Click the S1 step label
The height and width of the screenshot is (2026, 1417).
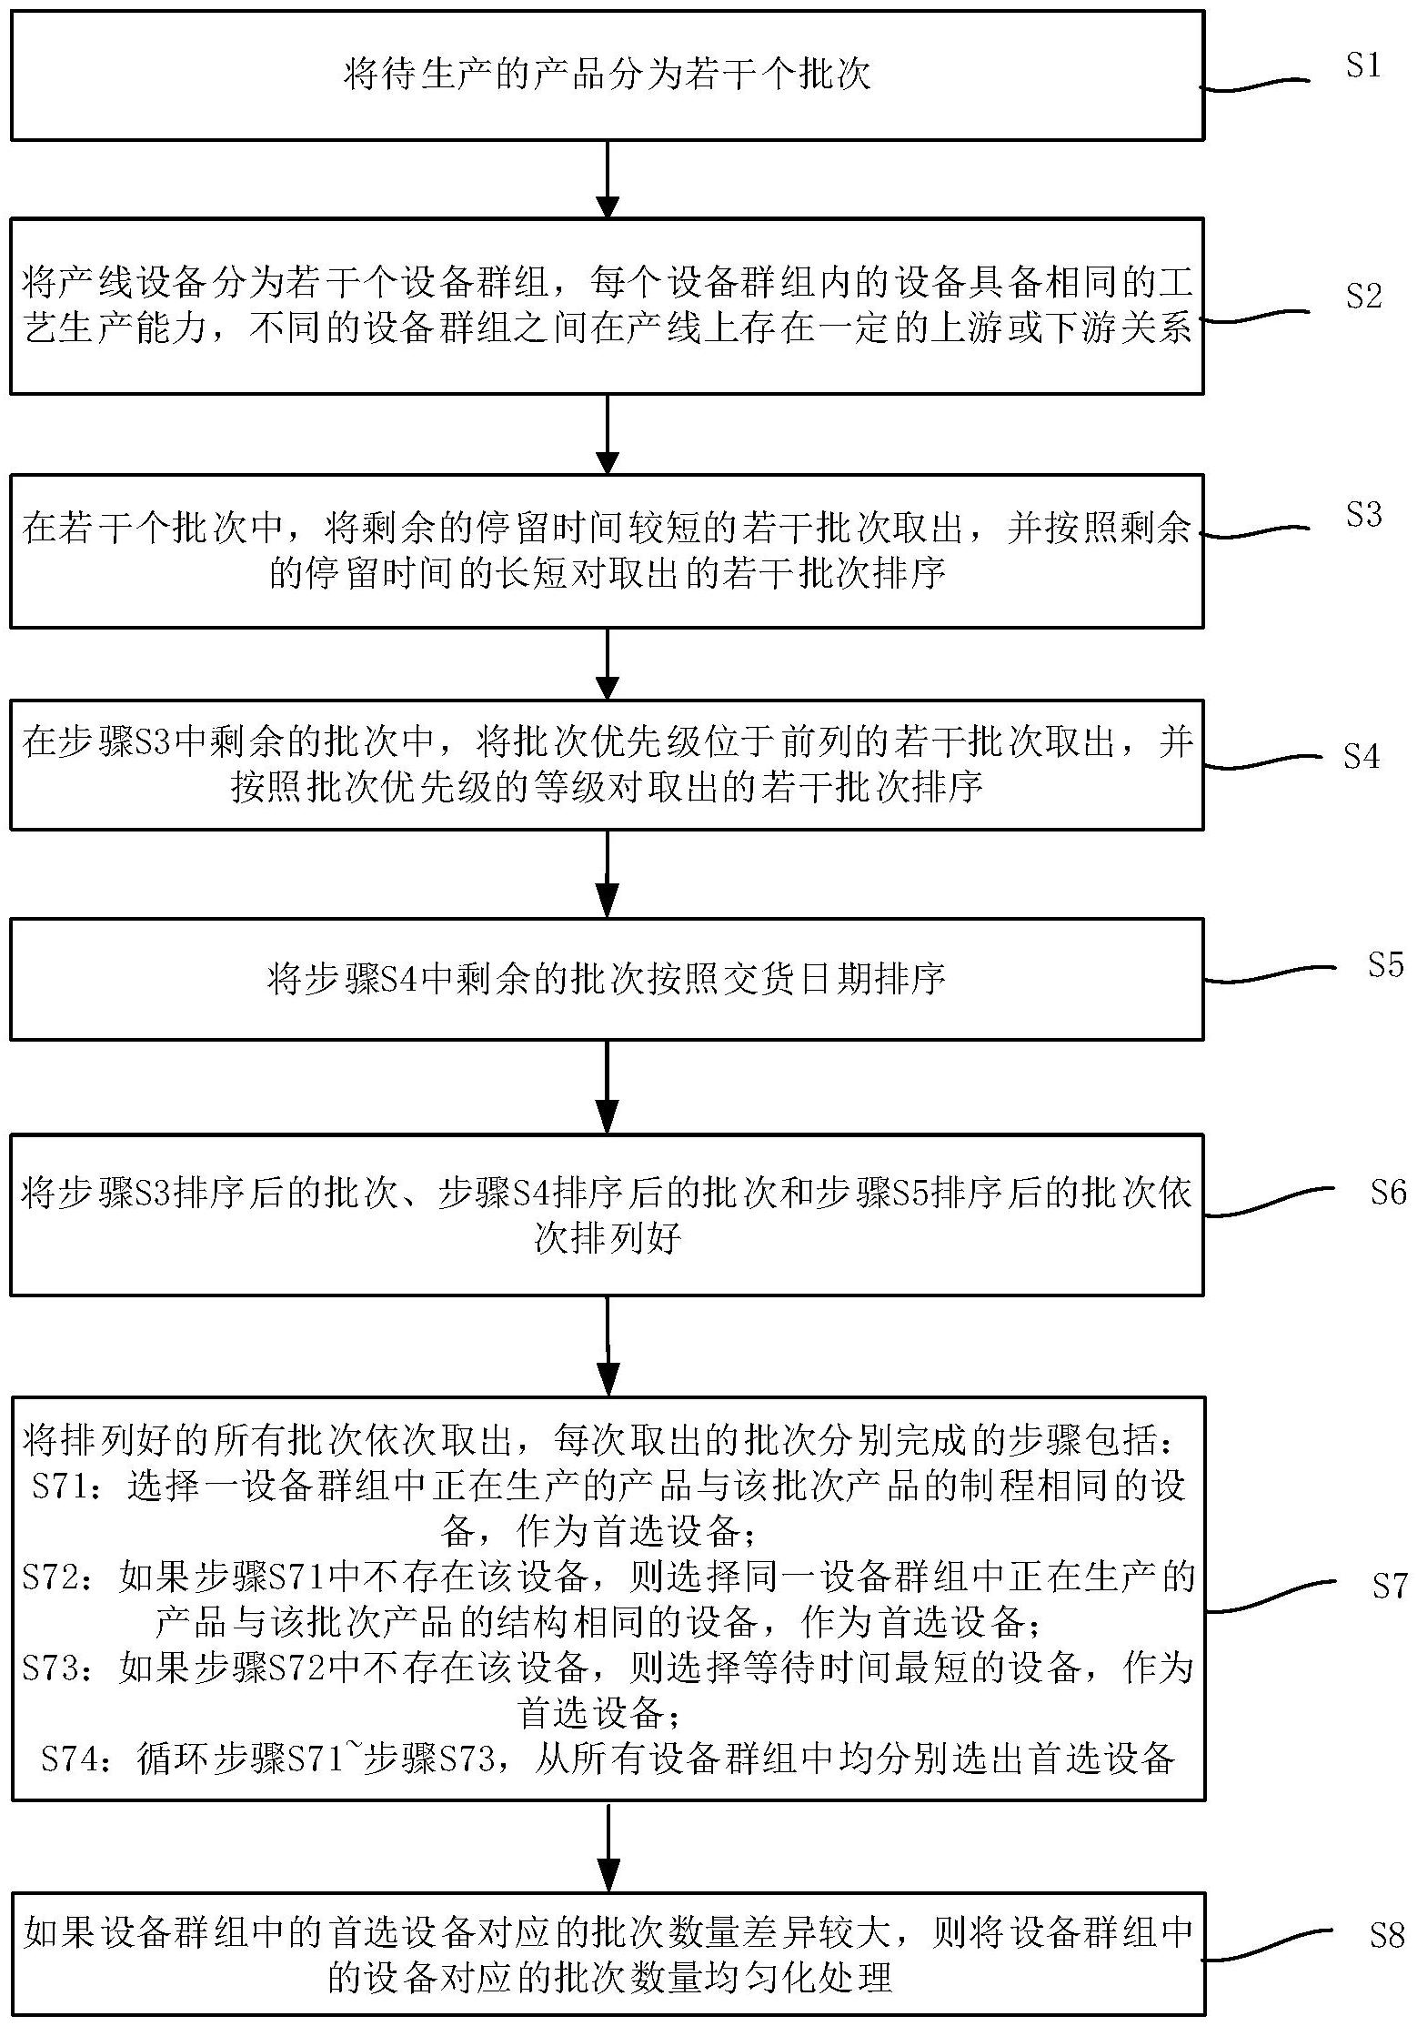pyautogui.click(x=1362, y=66)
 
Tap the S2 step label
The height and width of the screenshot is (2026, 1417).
pyautogui.click(x=1363, y=296)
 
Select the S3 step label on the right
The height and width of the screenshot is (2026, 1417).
pyautogui.click(x=1363, y=515)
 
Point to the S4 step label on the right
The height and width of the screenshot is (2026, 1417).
pyautogui.click(x=1362, y=757)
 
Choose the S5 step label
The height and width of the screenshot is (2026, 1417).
pyautogui.click(x=1385, y=964)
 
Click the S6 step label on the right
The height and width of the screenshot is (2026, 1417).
pyautogui.click(x=1388, y=1193)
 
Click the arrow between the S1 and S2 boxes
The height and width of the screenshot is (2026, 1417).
pyautogui.click(x=607, y=179)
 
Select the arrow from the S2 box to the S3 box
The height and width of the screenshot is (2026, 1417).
pyautogui.click(x=607, y=434)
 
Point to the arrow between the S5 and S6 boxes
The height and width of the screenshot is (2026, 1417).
pyautogui.click(x=607, y=1086)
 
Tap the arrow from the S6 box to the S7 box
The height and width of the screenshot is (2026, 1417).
pyautogui.click(x=607, y=1346)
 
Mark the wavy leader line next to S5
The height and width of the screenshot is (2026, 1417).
pyautogui.click(x=1270, y=974)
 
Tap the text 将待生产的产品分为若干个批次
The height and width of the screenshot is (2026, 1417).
pyautogui.click(x=607, y=75)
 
